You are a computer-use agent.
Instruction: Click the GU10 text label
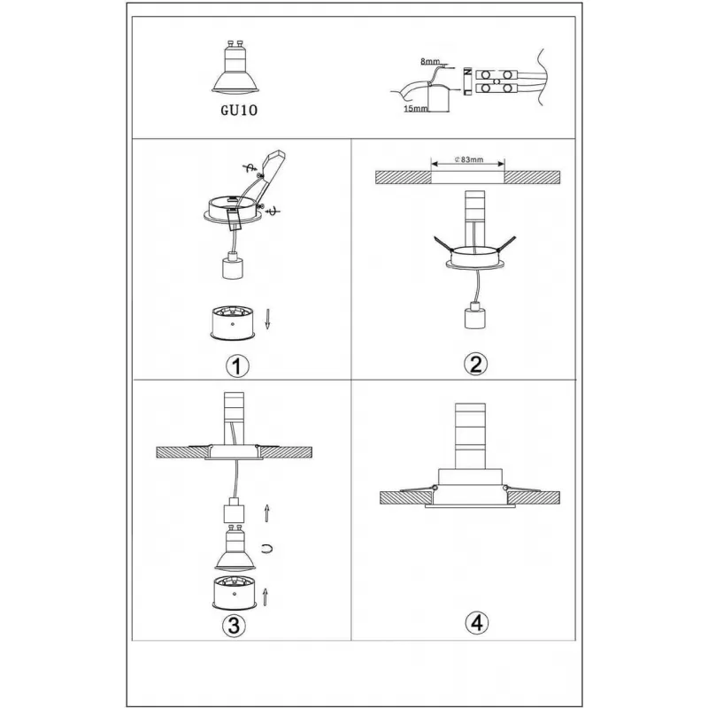click(x=239, y=110)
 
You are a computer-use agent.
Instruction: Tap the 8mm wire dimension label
click(x=430, y=61)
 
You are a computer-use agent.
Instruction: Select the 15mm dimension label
click(x=415, y=108)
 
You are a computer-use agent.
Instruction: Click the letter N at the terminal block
click(x=468, y=72)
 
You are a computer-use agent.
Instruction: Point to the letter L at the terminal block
click(x=468, y=92)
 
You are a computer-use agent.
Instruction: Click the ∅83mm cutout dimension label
click(x=469, y=159)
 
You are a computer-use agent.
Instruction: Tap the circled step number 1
click(x=237, y=366)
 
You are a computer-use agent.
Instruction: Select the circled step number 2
click(x=476, y=364)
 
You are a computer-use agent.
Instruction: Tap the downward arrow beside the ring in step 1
click(x=267, y=319)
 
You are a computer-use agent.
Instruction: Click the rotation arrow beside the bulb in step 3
click(x=267, y=549)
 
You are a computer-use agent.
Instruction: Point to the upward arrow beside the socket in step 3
click(x=267, y=514)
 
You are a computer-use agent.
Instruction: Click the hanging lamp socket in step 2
click(x=474, y=315)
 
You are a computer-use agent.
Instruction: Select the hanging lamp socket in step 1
click(x=233, y=265)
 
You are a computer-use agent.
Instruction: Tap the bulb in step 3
click(x=235, y=548)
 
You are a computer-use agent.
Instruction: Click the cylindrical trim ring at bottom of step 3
click(x=235, y=592)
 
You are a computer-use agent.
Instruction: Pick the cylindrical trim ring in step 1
click(x=233, y=323)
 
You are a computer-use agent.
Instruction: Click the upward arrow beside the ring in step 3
click(x=265, y=596)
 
